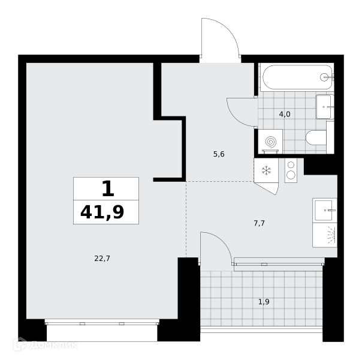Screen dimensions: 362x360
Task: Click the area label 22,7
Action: pos(102,259)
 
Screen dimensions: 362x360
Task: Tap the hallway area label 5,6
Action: pos(219,154)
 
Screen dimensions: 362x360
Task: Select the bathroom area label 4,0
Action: pos(285,114)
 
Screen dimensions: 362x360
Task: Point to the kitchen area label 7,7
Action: pos(260,223)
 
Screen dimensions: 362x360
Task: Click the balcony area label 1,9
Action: pos(264,302)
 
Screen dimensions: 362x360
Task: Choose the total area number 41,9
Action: pos(102,212)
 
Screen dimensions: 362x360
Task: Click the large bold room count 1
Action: pos(108,188)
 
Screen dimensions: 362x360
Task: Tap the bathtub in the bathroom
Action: pos(297,77)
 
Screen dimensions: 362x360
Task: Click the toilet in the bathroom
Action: pos(316,138)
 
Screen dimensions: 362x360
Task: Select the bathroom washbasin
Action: pos(325,107)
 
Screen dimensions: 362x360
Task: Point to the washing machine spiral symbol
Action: pos(271,142)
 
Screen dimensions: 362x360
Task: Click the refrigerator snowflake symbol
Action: pos(267,170)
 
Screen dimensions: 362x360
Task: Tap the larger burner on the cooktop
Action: pos(291,175)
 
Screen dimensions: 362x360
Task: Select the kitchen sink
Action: pos(324,210)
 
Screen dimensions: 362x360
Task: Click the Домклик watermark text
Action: pos(53,346)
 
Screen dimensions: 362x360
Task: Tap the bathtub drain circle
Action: pos(324,77)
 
